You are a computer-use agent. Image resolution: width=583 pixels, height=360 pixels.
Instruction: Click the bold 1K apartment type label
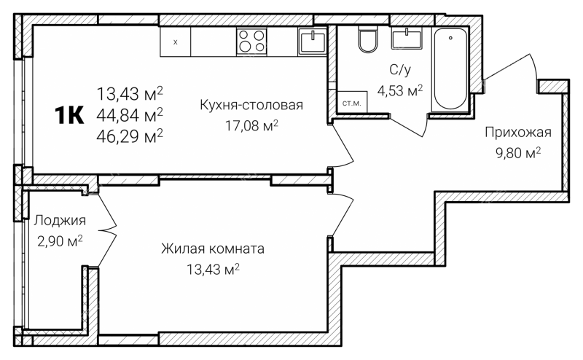69,115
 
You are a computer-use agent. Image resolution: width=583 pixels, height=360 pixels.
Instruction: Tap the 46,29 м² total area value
130,136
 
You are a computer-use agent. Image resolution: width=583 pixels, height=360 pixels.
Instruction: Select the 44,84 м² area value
130,115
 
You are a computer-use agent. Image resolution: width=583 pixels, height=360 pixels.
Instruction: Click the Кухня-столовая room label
251,105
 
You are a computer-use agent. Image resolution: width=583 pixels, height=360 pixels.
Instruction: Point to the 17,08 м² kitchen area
251,125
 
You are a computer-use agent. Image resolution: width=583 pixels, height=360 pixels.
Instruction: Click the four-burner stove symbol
251,41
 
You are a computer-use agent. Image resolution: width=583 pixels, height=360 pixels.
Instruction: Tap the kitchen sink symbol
313,42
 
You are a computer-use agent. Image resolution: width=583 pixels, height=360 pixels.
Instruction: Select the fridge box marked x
176,42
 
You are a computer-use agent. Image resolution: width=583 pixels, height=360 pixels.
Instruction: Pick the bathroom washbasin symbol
407,39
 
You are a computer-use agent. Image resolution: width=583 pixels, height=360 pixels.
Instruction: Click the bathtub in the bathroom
450,69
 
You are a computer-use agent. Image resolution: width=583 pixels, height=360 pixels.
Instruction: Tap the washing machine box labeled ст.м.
352,102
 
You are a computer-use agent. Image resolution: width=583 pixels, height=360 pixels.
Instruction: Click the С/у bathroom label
400,69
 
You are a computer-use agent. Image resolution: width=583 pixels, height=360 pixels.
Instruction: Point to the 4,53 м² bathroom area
400,90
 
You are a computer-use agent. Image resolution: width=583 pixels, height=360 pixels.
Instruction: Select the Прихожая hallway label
518,133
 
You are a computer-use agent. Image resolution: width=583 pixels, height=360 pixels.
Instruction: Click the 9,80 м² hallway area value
518,152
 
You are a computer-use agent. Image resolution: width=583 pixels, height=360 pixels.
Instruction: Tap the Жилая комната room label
213,249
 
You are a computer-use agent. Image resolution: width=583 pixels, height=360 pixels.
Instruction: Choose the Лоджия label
60,221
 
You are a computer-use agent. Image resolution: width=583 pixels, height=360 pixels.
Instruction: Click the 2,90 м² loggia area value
60,241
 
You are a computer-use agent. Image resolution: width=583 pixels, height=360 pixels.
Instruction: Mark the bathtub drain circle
450,38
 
